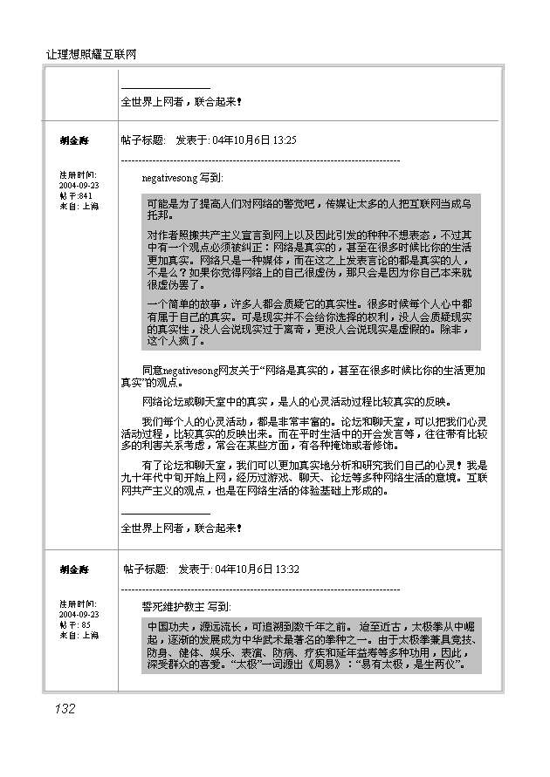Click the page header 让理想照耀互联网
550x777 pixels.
tap(92, 55)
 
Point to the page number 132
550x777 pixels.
tap(64, 709)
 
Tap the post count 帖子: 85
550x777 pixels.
tap(74, 624)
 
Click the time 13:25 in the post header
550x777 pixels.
tap(285, 140)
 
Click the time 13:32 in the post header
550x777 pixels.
tap(287, 569)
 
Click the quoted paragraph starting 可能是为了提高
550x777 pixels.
tap(309, 208)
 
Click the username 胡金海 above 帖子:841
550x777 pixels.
tap(74, 140)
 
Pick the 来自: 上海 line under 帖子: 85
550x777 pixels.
tap(79, 635)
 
